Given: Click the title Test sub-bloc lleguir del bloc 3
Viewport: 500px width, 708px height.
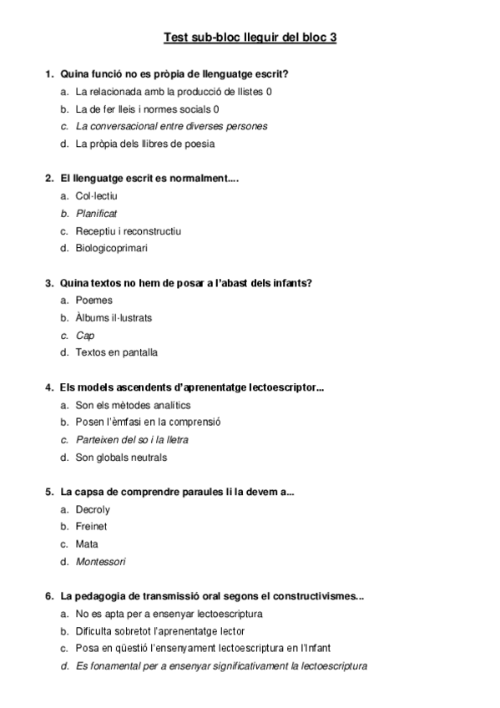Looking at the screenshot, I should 250,37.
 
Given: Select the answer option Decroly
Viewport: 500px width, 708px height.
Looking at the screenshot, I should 92,509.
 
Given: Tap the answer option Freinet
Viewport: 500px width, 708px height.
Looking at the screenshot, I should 91,527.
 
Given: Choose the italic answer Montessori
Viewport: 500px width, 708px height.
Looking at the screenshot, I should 100,562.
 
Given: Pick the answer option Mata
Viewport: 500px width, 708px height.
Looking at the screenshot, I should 87,544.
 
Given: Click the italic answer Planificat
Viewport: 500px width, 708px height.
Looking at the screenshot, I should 96,213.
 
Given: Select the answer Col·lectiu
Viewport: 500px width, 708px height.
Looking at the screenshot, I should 96,195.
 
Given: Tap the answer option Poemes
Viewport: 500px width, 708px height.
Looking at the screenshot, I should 93,300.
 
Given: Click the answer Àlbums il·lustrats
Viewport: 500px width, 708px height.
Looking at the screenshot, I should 114,318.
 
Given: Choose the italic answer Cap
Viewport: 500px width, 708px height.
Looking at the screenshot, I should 85,335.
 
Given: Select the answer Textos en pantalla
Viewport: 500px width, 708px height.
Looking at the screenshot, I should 116,352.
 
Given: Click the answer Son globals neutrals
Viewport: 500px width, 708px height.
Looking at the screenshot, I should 121,458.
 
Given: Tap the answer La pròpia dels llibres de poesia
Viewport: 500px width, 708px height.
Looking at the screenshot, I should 144,144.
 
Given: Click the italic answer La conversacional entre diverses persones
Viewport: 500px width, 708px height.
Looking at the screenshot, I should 171,126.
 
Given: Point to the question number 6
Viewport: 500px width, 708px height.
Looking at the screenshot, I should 49,597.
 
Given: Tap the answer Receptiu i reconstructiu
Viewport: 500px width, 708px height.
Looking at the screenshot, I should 128,230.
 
